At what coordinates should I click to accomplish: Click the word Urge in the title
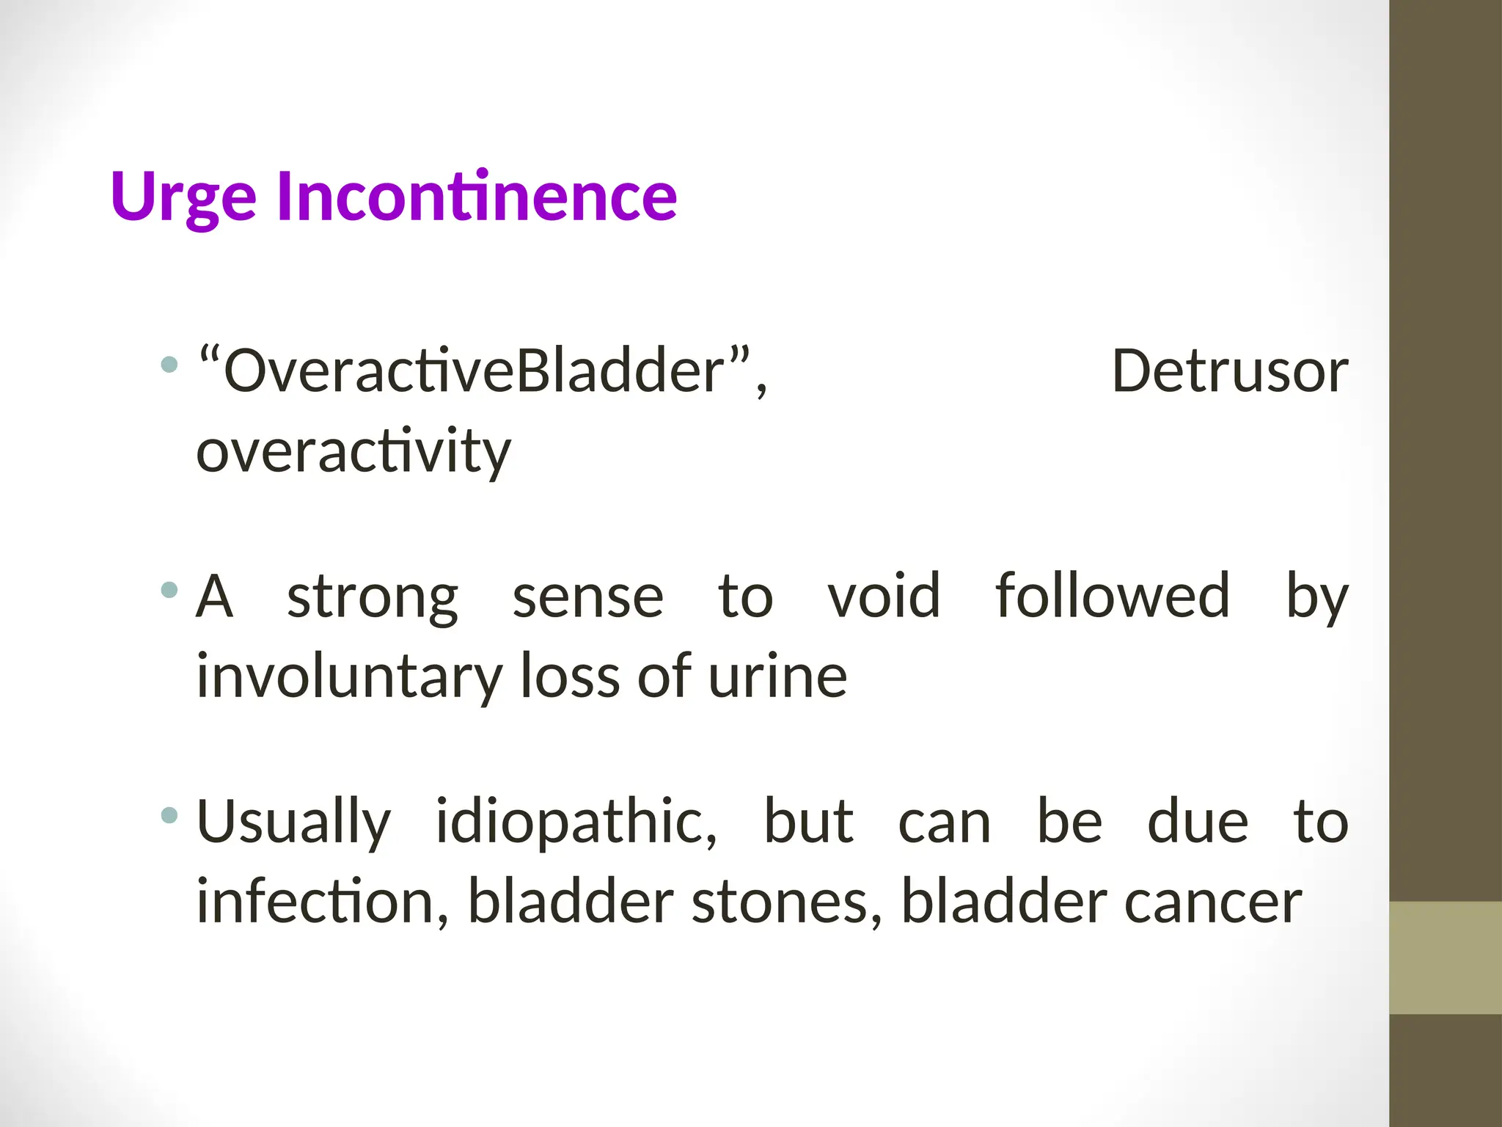(x=183, y=197)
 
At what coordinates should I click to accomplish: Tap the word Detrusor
(x=1230, y=371)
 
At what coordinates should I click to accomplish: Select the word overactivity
(x=353, y=451)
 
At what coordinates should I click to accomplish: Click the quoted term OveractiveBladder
(x=474, y=371)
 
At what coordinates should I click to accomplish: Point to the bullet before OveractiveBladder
(x=169, y=364)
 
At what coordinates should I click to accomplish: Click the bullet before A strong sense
(x=169, y=589)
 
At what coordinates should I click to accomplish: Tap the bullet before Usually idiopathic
(x=169, y=814)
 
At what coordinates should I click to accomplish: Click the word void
(x=884, y=596)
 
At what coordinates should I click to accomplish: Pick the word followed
(x=1112, y=596)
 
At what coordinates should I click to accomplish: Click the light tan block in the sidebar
(x=1445, y=958)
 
